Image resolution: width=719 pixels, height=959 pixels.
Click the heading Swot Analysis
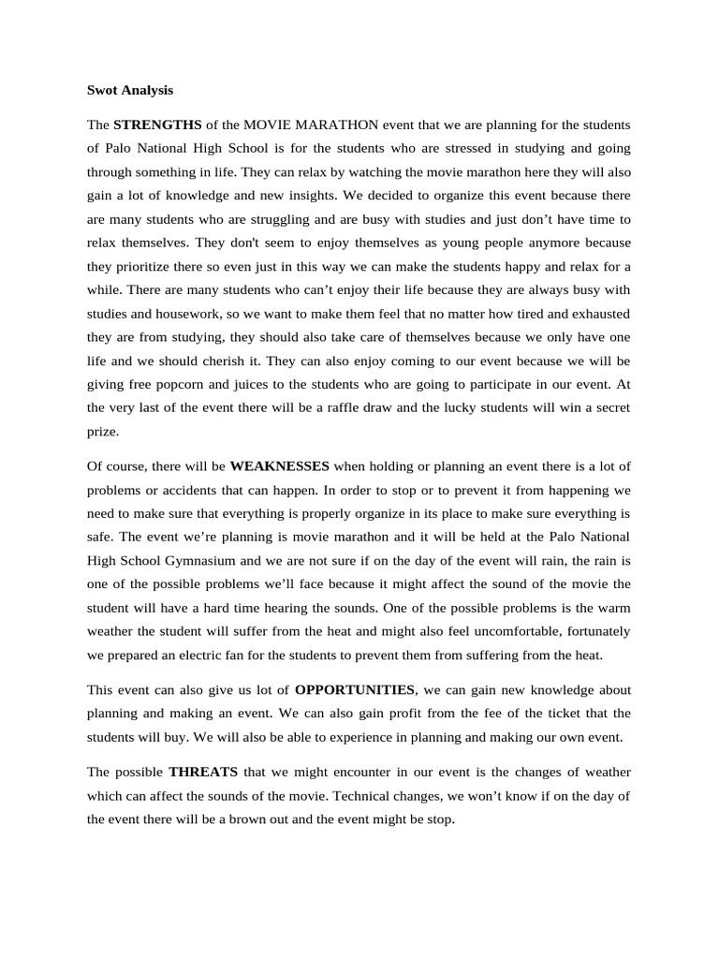130,91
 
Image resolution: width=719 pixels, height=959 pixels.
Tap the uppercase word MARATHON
336,125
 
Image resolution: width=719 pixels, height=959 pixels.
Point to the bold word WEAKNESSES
279,465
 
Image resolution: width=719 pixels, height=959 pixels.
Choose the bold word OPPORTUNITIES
355,689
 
